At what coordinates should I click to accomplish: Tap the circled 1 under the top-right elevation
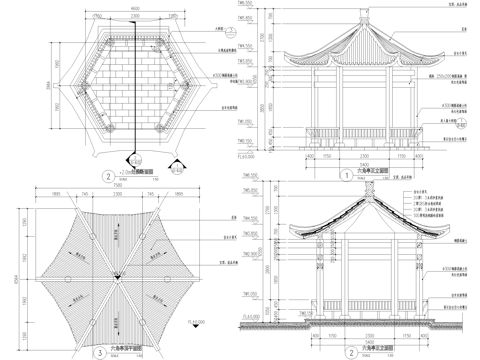[326, 171]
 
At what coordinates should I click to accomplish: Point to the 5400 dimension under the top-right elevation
[352, 161]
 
